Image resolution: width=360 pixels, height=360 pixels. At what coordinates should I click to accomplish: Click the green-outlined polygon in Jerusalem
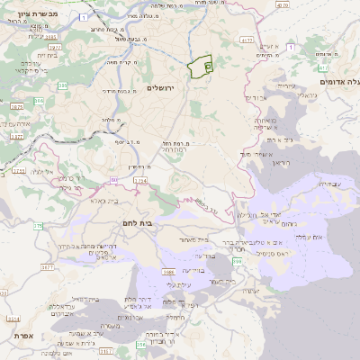[x=200, y=67]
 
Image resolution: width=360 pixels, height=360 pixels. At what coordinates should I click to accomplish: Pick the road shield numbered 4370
[x=247, y=40]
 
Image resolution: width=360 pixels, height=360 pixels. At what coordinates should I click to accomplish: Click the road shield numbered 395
[x=51, y=38]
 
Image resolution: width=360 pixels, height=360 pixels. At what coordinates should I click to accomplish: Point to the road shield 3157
[x=105, y=351]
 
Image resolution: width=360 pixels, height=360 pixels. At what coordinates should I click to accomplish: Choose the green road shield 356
[x=237, y=259]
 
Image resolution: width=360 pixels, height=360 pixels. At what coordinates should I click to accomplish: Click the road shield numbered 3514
[x=12, y=318]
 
